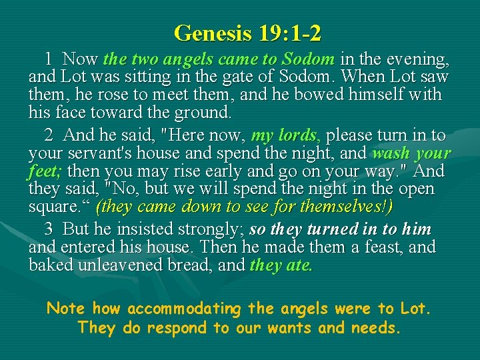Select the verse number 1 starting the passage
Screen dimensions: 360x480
pos(49,59)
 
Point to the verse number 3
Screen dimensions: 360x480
pos(49,229)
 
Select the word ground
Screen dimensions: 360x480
pos(201,111)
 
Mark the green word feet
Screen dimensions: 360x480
pos(43,171)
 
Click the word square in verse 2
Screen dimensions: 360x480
pos(53,206)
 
